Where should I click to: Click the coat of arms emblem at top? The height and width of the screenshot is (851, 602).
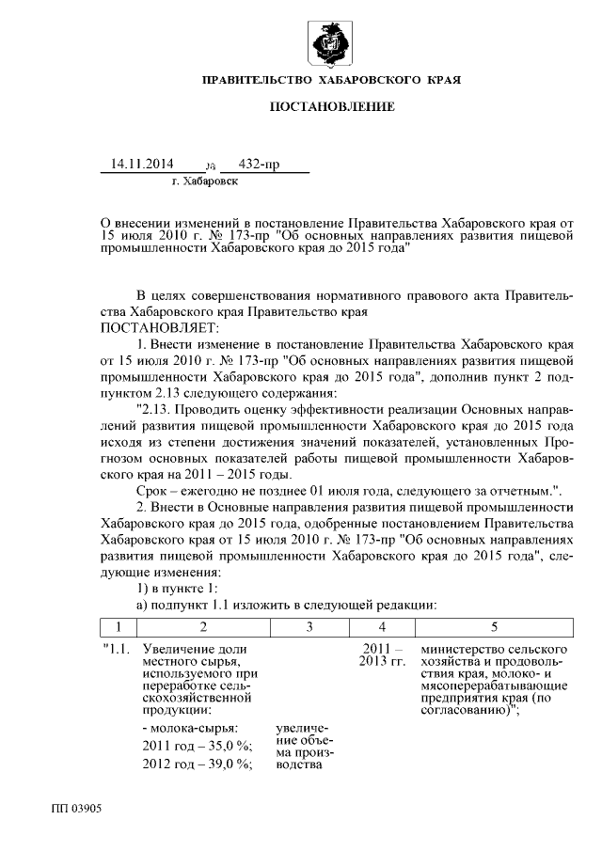tap(332, 43)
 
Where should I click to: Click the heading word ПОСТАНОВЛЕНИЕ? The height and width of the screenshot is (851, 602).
tap(332, 107)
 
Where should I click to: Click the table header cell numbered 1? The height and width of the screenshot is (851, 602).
tap(118, 626)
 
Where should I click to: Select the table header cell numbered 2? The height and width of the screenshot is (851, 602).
tap(202, 626)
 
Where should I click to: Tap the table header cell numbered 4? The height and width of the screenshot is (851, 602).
tap(381, 626)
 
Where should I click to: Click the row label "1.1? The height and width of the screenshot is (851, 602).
tap(117, 650)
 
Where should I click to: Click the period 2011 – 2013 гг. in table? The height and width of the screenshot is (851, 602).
tap(382, 656)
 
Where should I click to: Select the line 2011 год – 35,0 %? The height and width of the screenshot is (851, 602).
tap(197, 745)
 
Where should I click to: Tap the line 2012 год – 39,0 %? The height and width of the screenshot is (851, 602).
tap(197, 763)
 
